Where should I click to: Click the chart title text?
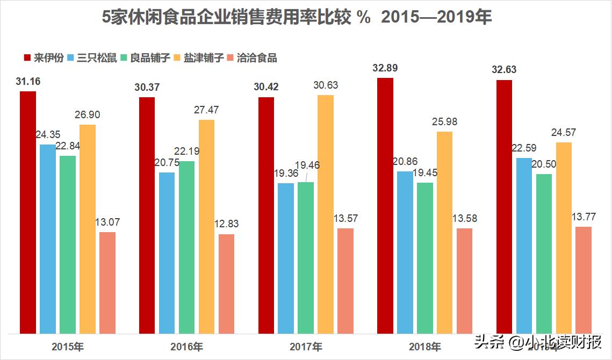coord(297,18)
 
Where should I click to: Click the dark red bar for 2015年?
coord(28,212)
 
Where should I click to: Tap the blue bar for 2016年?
coord(167,253)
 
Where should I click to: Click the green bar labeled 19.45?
coord(425,258)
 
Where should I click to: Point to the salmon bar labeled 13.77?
coord(584,280)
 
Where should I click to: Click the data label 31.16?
coord(28,82)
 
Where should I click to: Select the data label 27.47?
coord(206,110)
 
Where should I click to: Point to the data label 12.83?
coord(226,224)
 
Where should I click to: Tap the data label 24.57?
coord(564,132)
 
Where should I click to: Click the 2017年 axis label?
coord(306,347)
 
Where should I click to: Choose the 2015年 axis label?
coord(68,347)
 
